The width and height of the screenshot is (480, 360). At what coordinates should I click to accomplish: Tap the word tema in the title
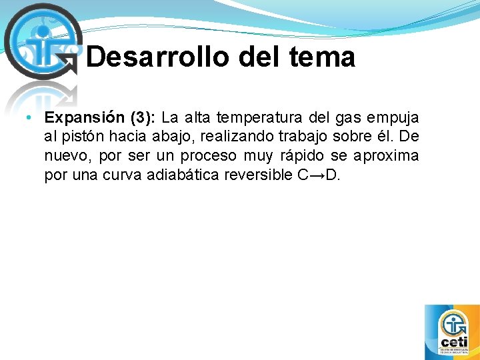(322, 57)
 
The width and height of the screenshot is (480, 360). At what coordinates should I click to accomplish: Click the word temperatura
(249, 118)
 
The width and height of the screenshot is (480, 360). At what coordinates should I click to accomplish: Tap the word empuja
(394, 118)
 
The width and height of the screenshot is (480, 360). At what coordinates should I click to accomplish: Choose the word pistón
(87, 137)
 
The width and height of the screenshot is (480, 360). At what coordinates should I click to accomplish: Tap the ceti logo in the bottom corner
(451, 331)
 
